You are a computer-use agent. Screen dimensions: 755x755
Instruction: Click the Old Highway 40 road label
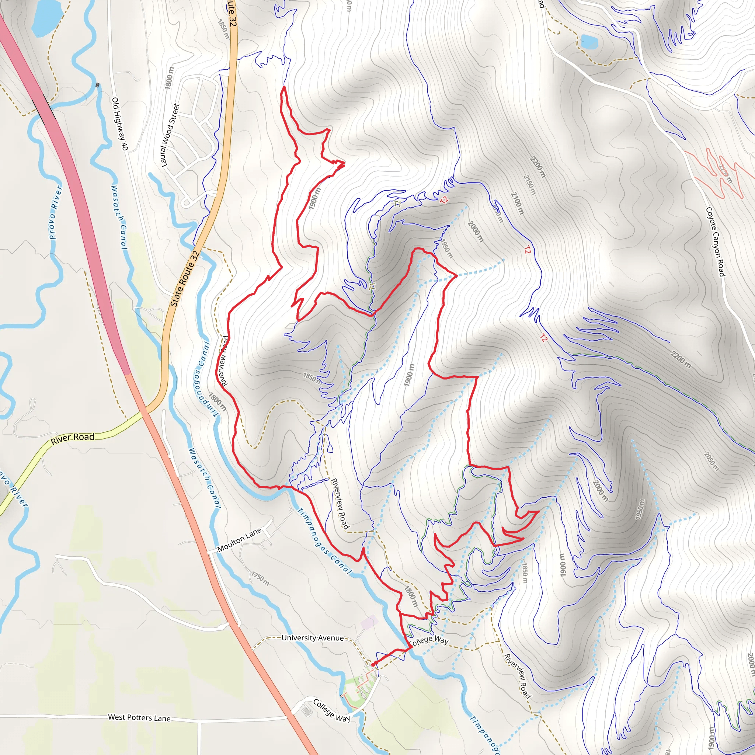pyautogui.click(x=119, y=124)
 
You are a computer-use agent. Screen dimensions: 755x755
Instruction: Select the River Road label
pyautogui.click(x=72, y=438)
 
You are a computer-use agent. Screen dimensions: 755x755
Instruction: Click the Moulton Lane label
pyautogui.click(x=239, y=540)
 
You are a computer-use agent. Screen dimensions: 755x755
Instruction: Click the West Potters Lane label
pyautogui.click(x=139, y=717)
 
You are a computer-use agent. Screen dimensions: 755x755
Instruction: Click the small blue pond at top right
pyautogui.click(x=589, y=42)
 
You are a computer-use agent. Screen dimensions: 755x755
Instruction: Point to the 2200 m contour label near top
pyautogui.click(x=537, y=167)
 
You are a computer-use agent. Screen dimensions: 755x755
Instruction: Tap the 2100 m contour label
pyautogui.click(x=517, y=203)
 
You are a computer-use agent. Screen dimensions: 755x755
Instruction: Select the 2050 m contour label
pyautogui.click(x=711, y=462)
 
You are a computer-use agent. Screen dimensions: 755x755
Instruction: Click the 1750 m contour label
pyautogui.click(x=260, y=579)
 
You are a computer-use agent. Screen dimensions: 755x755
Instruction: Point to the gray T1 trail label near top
pyautogui.click(x=397, y=203)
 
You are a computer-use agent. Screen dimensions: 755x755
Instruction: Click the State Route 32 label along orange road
pyautogui.click(x=185, y=279)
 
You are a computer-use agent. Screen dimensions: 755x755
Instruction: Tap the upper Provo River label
pyautogui.click(x=56, y=213)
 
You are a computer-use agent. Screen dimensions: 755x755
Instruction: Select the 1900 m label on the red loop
pyautogui.click(x=314, y=199)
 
